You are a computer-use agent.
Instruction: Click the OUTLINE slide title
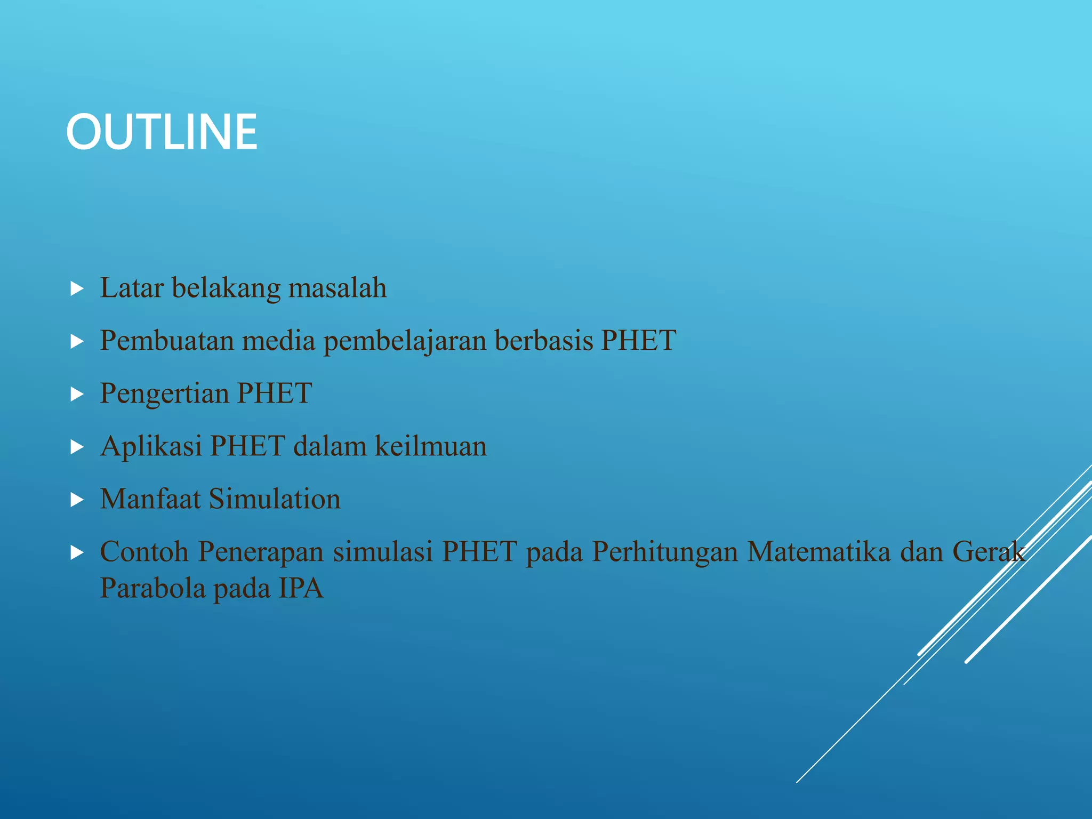pyautogui.click(x=162, y=132)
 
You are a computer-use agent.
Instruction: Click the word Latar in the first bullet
pyautogui.click(x=132, y=288)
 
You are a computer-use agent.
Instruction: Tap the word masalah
pyautogui.click(x=338, y=288)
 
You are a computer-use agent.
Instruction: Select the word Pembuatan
pyautogui.click(x=167, y=340)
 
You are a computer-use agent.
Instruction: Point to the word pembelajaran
pyautogui.click(x=405, y=341)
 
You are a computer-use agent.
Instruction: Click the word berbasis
pyautogui.click(x=543, y=340)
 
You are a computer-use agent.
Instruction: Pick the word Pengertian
pyautogui.click(x=164, y=394)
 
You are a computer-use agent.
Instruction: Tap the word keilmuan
pyautogui.click(x=431, y=446)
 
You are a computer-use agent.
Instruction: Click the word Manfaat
pyautogui.click(x=150, y=499)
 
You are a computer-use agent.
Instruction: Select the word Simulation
pyautogui.click(x=275, y=499)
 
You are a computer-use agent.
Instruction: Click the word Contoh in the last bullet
pyautogui.click(x=144, y=551)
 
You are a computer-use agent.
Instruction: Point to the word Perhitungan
pyautogui.click(x=664, y=552)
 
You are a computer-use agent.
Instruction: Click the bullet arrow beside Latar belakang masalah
pyautogui.click(x=77, y=290)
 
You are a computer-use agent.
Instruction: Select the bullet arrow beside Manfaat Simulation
pyautogui.click(x=77, y=500)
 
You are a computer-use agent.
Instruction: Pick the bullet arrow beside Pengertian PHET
pyautogui.click(x=77, y=395)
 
